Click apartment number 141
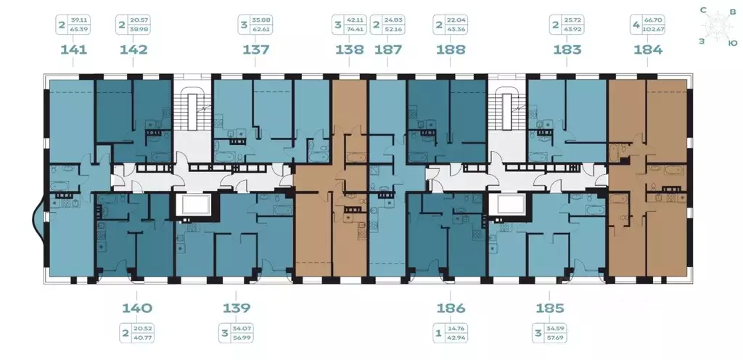click(75, 50)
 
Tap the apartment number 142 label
click(133, 50)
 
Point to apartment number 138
click(350, 50)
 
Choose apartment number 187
click(390, 50)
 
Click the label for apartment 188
click(451, 50)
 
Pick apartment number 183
click(567, 50)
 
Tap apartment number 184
click(648, 50)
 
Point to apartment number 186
click(451, 308)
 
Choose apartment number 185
click(546, 308)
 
